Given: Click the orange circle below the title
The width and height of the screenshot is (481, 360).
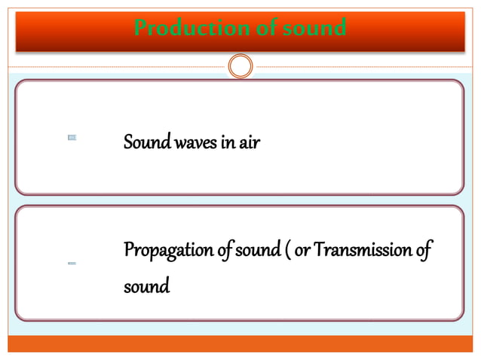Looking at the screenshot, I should click(240, 66).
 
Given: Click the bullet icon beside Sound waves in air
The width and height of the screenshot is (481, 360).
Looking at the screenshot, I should click(72, 138).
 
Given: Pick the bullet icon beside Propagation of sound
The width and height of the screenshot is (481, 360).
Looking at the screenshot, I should click(72, 264).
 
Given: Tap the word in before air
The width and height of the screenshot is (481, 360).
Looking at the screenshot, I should click(226, 142).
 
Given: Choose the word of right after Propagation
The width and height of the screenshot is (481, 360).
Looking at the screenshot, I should click(222, 249).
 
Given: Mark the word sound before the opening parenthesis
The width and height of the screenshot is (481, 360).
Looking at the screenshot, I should click(259, 249).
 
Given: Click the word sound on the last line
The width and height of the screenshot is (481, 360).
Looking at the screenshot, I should click(147, 287).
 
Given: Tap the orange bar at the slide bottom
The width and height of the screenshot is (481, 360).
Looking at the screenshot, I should click(240, 343).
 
